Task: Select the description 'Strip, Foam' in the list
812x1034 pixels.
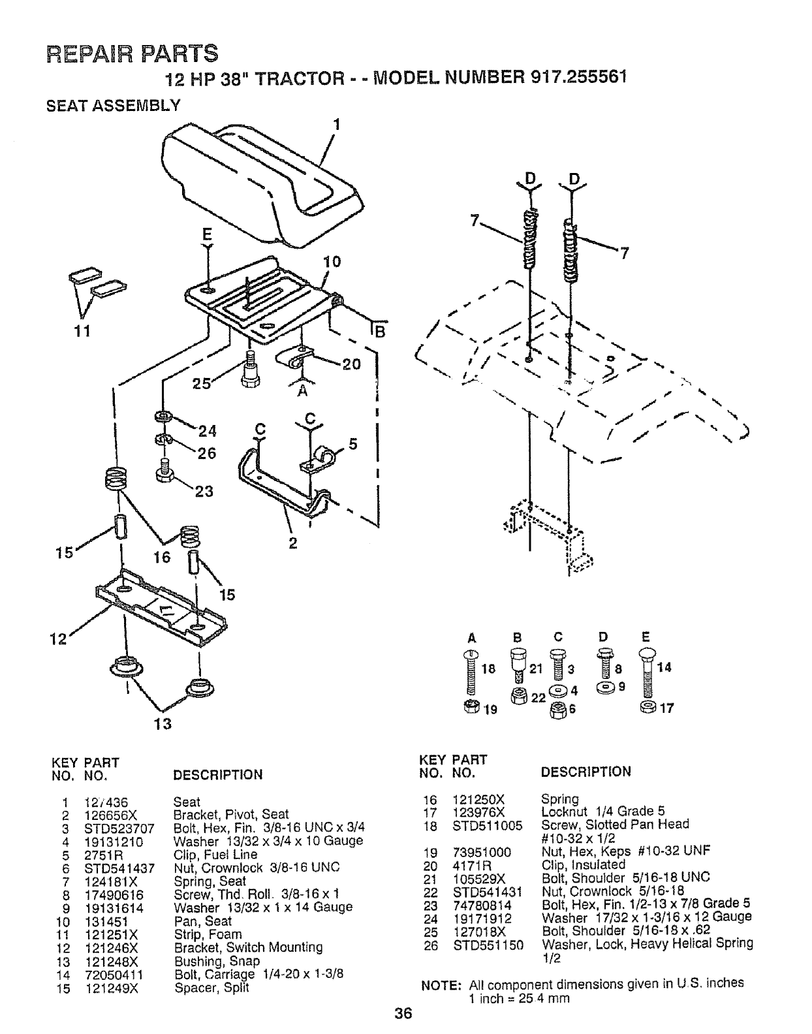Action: coord(208,934)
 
